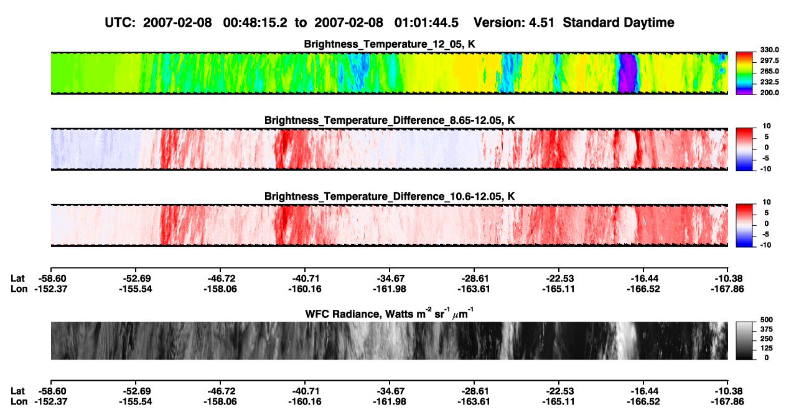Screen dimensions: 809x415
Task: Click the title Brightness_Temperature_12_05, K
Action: click(390, 44)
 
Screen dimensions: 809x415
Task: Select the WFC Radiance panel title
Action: click(390, 313)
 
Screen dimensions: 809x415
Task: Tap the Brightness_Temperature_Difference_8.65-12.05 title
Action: click(390, 120)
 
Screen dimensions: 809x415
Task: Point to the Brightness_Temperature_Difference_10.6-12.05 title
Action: click(390, 197)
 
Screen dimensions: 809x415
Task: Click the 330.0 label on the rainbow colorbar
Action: click(769, 50)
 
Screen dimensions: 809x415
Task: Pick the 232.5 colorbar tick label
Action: click(769, 82)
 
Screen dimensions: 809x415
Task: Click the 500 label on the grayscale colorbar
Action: click(767, 320)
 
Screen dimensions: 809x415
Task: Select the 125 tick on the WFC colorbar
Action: click(767, 348)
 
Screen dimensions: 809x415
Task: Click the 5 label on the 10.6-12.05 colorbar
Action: click(767, 213)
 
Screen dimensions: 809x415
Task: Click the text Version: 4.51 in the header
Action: click(513, 22)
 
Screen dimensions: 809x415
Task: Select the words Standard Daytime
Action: click(619, 22)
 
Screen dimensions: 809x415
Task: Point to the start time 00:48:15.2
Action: click(255, 22)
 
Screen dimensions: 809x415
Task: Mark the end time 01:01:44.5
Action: click(426, 22)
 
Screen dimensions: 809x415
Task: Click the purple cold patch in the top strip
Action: click(627, 73)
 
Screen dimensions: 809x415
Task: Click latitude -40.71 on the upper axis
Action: click(305, 279)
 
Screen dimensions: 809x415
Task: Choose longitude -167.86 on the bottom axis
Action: click(727, 402)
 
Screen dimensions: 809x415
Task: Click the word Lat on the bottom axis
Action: click(17, 391)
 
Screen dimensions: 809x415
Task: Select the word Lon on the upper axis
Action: click(19, 289)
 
